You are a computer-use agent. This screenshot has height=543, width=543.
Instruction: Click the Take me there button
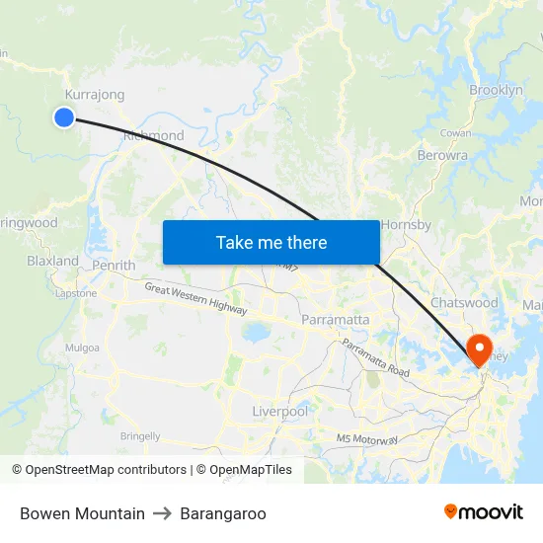271,242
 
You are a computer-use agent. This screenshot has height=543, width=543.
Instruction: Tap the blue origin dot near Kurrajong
64,117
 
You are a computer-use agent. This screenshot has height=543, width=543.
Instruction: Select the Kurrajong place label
94,95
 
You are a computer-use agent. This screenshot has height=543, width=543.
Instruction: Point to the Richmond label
154,135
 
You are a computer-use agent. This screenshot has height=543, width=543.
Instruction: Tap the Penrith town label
113,266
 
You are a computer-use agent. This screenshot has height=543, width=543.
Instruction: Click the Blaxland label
52,262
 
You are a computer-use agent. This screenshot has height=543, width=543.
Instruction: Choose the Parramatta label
335,320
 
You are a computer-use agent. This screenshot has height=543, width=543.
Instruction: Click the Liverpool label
279,411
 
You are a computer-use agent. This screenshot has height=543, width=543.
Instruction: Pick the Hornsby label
406,224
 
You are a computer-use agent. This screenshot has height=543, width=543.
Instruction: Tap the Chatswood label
464,302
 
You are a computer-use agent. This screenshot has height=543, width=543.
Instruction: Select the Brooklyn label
496,90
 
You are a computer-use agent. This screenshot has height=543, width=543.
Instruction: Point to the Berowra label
442,155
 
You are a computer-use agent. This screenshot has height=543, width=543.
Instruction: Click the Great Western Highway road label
195,298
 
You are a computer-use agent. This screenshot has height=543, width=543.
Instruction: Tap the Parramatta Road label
375,357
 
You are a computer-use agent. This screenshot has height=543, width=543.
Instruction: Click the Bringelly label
140,435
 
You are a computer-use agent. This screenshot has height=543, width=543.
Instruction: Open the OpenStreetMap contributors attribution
106,470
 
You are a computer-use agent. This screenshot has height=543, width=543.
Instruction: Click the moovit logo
484,512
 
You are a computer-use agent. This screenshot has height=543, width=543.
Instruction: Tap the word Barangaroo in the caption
223,513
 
